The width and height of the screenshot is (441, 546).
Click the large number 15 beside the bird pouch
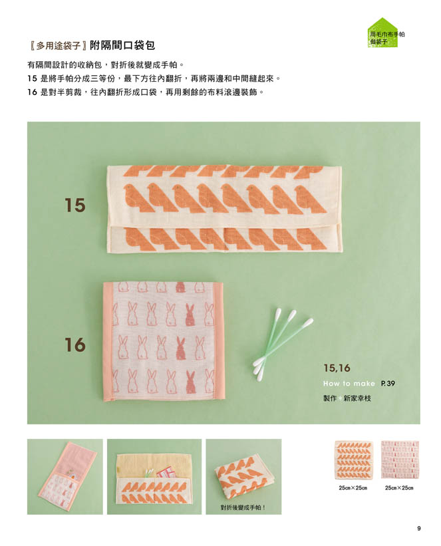point(75,205)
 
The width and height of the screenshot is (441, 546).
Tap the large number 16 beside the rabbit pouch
point(75,344)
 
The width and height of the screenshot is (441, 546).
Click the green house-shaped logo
point(383,33)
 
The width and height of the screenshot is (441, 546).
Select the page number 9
point(418,528)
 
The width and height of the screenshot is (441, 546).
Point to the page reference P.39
point(388,383)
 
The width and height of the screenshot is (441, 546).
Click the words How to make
point(349,383)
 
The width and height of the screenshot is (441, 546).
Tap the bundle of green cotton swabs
point(283,344)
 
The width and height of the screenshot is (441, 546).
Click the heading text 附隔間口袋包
point(122,45)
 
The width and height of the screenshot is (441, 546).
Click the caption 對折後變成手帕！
point(243,507)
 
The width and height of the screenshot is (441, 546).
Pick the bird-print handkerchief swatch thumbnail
point(353,460)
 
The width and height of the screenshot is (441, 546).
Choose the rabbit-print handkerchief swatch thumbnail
point(400,460)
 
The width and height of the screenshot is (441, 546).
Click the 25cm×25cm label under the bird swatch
point(353,487)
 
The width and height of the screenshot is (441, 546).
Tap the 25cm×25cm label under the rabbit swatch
point(399,487)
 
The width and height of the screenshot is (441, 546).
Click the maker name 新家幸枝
point(357,398)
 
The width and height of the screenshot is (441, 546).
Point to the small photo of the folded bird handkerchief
point(243,476)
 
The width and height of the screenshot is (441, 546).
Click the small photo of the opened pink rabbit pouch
point(65,476)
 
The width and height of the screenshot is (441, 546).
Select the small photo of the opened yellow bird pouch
point(154,476)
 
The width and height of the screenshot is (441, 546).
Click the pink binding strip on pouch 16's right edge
point(218,341)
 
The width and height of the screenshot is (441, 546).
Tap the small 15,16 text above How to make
point(337,368)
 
